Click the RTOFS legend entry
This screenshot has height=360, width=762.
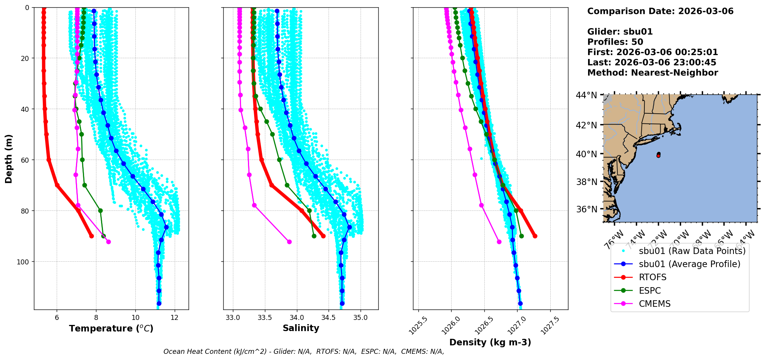[x=652, y=278]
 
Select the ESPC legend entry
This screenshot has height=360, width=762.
[x=650, y=291]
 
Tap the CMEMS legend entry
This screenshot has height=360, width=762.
[x=654, y=304]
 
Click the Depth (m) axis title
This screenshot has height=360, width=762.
[x=9, y=158]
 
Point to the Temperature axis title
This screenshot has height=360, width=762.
[x=111, y=328]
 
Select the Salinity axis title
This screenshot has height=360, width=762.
[x=301, y=328]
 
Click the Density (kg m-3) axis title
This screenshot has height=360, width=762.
[x=490, y=342]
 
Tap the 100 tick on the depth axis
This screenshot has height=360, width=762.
[x=24, y=262]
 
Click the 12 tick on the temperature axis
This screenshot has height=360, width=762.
[x=175, y=318]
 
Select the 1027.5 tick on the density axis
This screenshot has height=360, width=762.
[x=550, y=325]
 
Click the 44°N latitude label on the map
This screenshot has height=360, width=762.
[x=587, y=95]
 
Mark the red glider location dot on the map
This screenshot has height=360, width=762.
[x=658, y=155]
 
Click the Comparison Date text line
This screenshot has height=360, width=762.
[x=660, y=11]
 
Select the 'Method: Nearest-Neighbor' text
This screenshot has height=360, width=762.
[x=652, y=72]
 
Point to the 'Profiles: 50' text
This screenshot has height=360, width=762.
[x=615, y=42]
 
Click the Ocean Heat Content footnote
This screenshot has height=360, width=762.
[x=303, y=352]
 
